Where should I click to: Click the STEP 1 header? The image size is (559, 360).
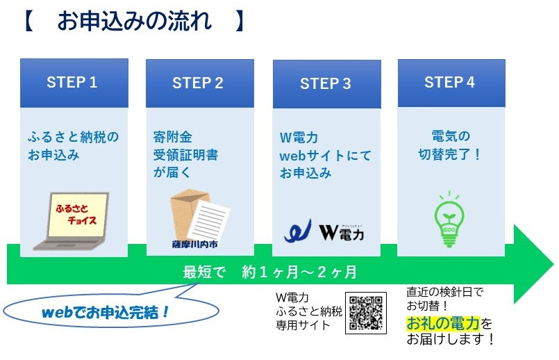[74, 83]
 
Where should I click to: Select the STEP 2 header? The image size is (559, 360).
[200, 83]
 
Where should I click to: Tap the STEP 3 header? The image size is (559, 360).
[327, 84]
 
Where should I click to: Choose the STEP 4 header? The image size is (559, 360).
[451, 83]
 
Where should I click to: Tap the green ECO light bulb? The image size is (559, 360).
[449, 220]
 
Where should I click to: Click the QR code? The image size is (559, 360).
[366, 313]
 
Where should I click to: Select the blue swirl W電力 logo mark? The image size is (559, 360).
[298, 231]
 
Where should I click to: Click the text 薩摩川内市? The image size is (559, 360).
[194, 245]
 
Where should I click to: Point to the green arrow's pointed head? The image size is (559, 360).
[553, 264]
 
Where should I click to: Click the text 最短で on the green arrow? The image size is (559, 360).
[204, 272]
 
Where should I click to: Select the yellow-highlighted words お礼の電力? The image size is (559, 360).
[443, 323]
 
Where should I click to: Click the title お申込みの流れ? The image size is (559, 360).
[135, 21]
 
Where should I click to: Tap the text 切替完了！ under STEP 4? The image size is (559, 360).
[450, 154]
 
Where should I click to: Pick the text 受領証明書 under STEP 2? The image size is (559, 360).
[185, 155]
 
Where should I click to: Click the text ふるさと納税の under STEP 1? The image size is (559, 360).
[74, 137]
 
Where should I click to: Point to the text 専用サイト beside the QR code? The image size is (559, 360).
[303, 325]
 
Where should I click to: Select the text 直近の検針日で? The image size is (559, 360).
[445, 292]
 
